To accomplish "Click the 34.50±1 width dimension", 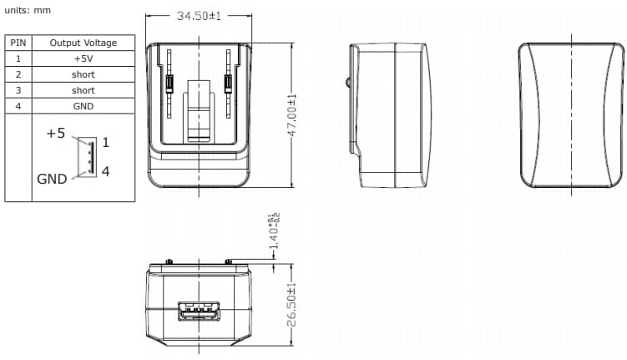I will point(198,16).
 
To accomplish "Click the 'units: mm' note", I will point(28,10).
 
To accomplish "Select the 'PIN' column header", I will point(18,43).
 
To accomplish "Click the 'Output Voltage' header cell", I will point(83,43).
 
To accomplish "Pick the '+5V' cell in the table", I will point(83,58).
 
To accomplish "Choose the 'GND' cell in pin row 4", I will point(83,106).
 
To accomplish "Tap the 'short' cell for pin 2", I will point(83,74).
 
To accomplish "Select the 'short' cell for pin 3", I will point(83,90).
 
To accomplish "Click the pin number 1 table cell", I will point(18,58).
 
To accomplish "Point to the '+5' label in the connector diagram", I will point(56,134).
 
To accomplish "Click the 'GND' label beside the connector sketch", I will point(52,179).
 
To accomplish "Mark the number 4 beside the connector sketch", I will point(105,171).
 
